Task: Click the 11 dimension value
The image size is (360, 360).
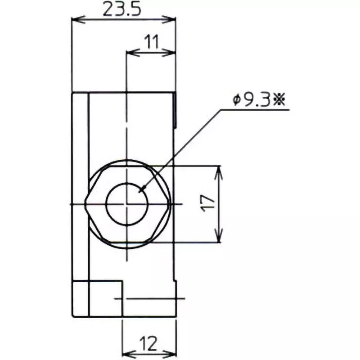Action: tap(152, 42)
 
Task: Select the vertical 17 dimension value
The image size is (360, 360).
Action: tap(207, 203)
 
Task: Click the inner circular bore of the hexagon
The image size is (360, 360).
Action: tap(127, 204)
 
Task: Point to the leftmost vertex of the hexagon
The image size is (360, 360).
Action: tap(85, 204)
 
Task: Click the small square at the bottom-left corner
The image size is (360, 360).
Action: tap(81, 298)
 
